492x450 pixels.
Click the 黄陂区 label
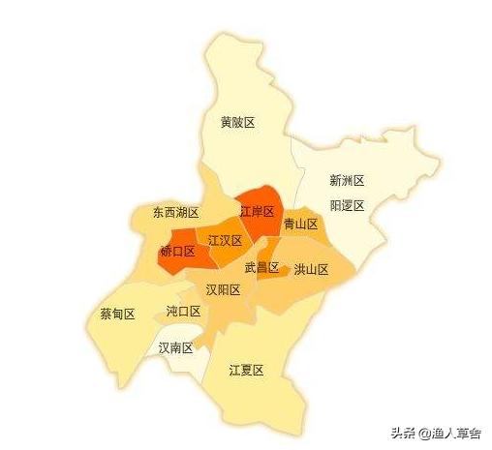pos(237,122)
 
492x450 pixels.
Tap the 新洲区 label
pos(346,180)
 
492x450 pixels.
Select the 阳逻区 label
pos(346,205)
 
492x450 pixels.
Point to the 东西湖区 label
pos(175,212)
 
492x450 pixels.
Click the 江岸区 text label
pos(257,211)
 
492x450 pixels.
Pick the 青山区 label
pos(300,224)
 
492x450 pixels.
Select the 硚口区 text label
pos(177,251)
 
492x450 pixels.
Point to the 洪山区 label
pos(311,270)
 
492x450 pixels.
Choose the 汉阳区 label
pos(223,289)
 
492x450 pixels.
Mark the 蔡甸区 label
pos(117,314)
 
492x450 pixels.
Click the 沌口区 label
pos(183,311)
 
